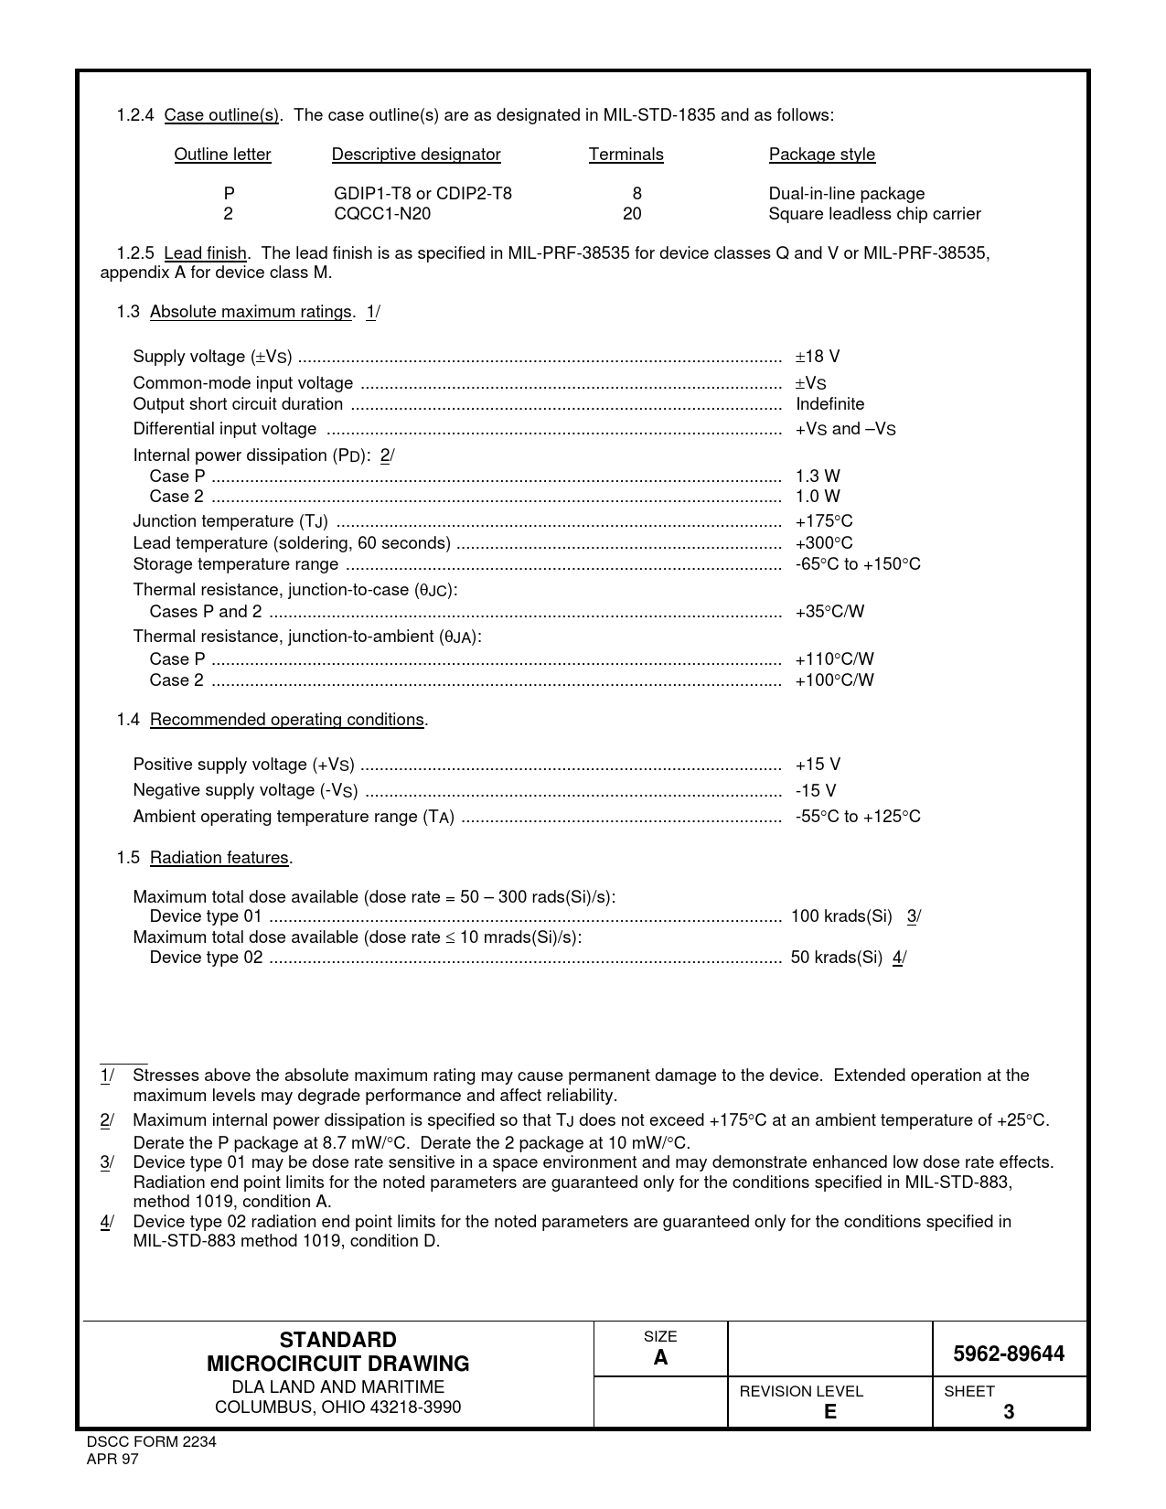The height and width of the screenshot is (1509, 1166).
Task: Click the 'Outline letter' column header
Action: click(x=222, y=155)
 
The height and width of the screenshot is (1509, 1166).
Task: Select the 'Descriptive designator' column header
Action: click(x=416, y=155)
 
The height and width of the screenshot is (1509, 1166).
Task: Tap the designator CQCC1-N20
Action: click(x=382, y=214)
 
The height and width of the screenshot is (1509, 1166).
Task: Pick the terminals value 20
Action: click(x=632, y=214)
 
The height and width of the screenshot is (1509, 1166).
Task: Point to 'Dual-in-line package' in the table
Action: click(x=846, y=194)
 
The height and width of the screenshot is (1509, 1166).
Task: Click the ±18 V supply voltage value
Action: click(x=818, y=357)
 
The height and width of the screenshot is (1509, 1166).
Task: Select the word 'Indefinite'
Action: click(x=829, y=404)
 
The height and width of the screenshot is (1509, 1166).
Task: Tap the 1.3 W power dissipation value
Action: click(x=818, y=476)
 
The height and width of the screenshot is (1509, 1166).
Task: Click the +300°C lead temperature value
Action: click(x=824, y=543)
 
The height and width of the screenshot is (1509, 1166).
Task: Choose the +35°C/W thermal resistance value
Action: click(x=829, y=612)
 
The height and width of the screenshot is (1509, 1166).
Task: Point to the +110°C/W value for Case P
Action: click(x=834, y=659)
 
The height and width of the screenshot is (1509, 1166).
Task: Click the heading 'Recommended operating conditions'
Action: click(x=287, y=720)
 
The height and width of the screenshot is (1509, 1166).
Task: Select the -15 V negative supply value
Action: click(x=816, y=791)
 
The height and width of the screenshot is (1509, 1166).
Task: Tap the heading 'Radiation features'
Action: click(x=219, y=858)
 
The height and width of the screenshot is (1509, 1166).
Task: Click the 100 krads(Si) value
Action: click(x=841, y=916)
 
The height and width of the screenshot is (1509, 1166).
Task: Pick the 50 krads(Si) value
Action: click(x=836, y=958)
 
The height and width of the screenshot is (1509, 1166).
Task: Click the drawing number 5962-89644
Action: click(x=1009, y=1354)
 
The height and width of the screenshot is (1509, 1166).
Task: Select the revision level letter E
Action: click(x=829, y=1412)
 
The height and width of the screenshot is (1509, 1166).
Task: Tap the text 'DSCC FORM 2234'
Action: click(x=151, y=1442)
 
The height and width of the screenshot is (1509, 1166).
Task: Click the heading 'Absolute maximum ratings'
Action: click(x=251, y=312)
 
